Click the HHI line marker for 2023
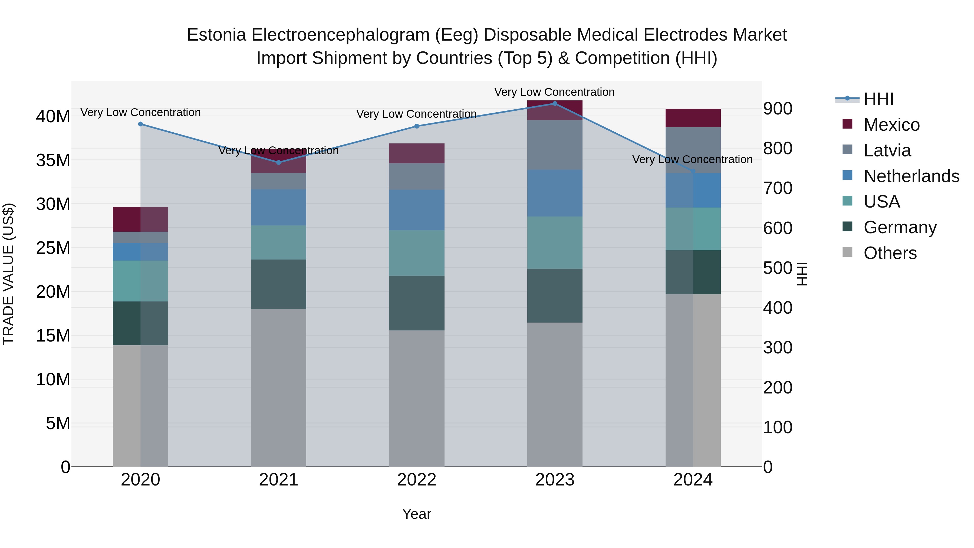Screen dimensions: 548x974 point(555,104)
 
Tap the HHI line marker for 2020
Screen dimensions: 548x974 point(141,124)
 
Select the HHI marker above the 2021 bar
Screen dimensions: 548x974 point(279,163)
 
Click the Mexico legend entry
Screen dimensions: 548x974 point(891,124)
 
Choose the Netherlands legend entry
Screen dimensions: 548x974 point(911,176)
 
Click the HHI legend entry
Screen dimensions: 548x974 point(878,99)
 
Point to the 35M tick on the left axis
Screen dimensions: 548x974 point(53,160)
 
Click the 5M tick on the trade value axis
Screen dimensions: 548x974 point(58,423)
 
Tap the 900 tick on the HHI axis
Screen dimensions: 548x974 point(777,109)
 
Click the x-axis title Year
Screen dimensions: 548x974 point(417,514)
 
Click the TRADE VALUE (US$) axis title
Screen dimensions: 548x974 point(9,274)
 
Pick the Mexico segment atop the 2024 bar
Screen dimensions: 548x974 point(693,118)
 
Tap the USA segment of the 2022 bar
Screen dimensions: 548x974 point(417,253)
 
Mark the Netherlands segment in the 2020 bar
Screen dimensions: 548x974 point(141,252)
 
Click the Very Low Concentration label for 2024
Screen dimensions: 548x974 point(692,160)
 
